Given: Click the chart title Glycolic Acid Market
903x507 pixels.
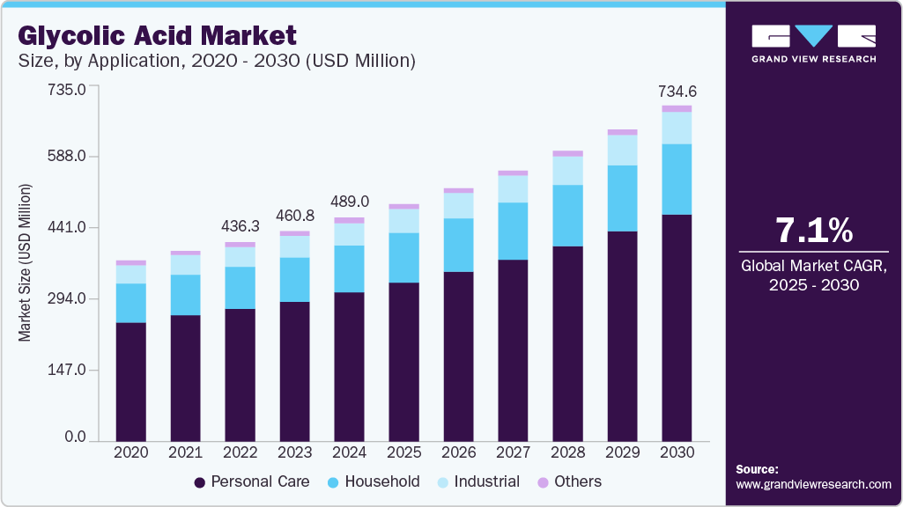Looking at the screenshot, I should [x=157, y=35].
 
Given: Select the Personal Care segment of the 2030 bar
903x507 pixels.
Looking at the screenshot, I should [x=677, y=326].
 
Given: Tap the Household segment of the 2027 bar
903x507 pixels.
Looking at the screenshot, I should [x=513, y=231].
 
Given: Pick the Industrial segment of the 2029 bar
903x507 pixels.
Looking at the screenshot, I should [x=622, y=150].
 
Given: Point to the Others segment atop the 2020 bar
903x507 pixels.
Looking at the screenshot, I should [x=131, y=262].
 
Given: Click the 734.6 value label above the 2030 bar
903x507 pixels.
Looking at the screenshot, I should [x=677, y=91].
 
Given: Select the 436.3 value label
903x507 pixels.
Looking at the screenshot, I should [x=240, y=226].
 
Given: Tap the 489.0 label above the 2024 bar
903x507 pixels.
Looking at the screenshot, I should [x=349, y=202].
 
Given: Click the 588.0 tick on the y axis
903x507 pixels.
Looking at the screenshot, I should [x=67, y=157].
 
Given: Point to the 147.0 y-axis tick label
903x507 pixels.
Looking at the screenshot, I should [x=67, y=370].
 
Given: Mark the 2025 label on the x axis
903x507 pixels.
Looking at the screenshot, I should [x=403, y=452].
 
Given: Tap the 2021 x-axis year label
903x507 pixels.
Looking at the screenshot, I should [x=186, y=452].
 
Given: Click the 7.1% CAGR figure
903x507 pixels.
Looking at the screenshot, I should [x=813, y=231].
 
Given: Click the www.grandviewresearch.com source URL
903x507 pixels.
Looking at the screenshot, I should [x=813, y=484].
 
